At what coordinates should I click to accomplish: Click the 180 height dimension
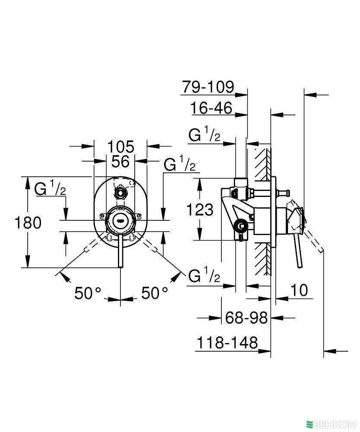click(28, 223)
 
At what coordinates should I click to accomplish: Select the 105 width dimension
click(120, 146)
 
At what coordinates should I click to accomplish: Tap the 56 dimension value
click(120, 162)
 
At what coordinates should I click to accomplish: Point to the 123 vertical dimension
click(200, 210)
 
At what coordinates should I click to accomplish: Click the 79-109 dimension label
click(207, 87)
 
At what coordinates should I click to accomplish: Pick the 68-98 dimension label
click(246, 318)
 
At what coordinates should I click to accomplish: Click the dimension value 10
click(300, 290)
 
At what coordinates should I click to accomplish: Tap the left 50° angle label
click(88, 293)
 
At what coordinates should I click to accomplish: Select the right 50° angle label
click(155, 293)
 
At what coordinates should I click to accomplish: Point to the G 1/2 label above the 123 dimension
click(205, 135)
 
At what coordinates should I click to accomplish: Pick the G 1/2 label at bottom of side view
click(205, 276)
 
